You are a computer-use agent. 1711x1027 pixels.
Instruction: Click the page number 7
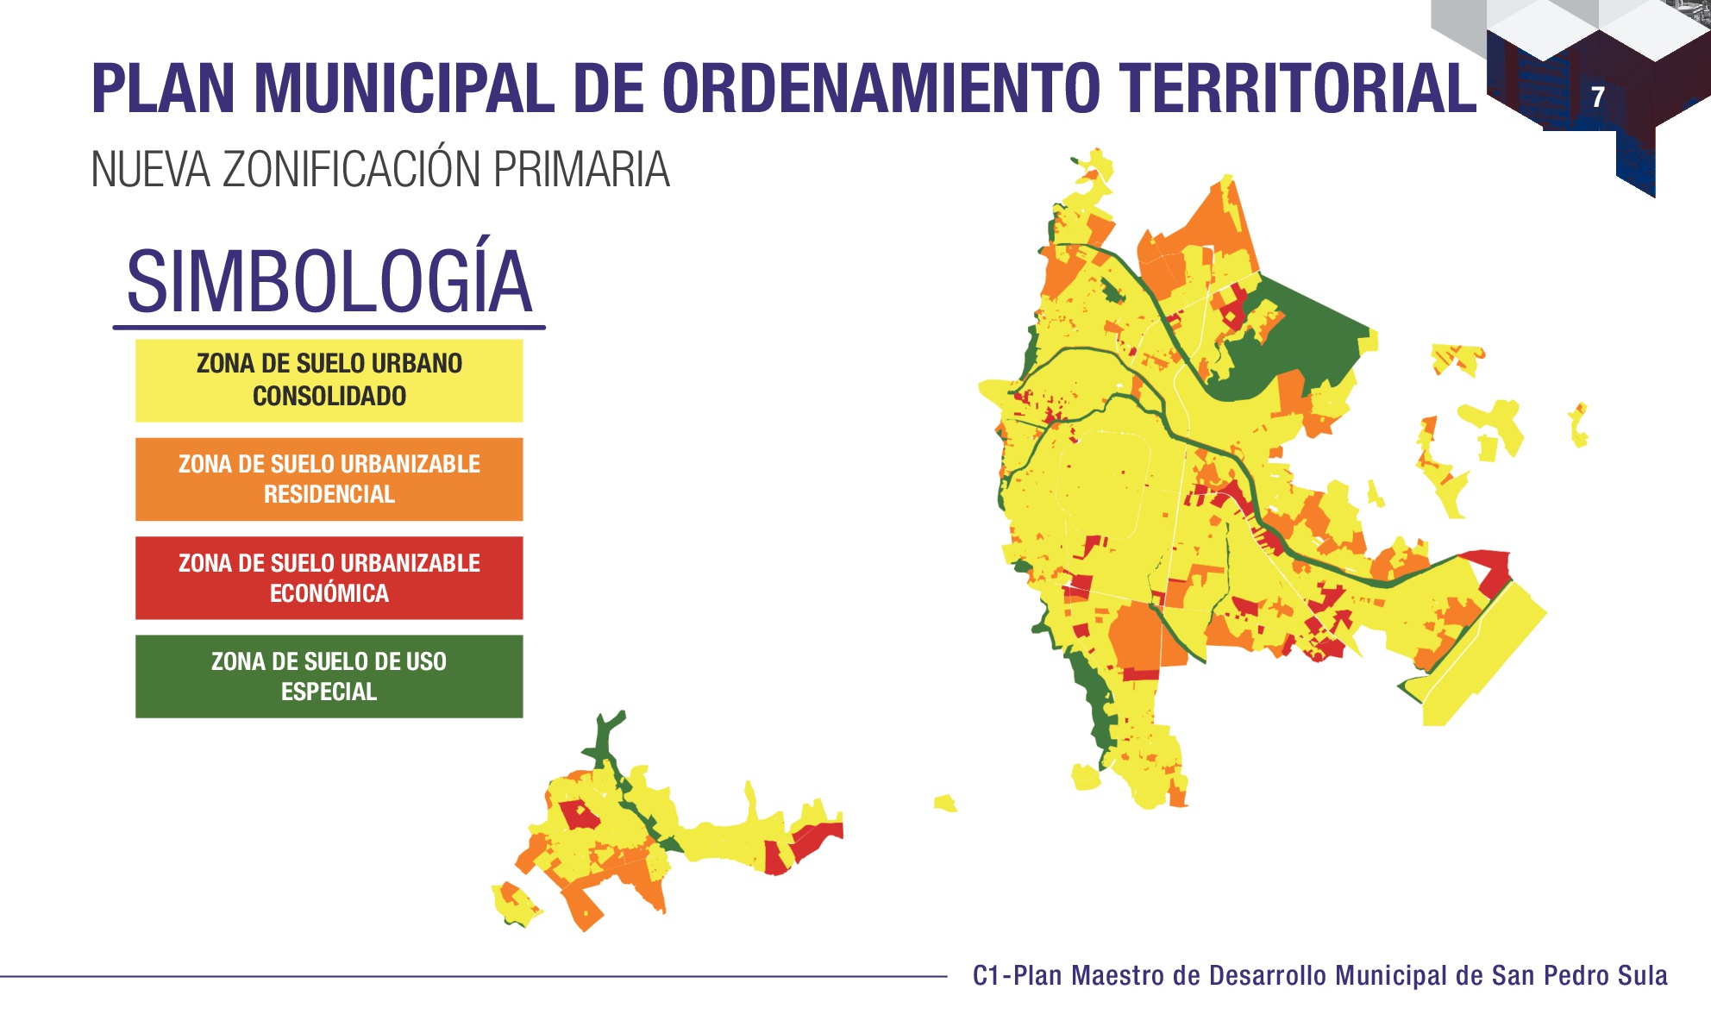[1598, 97]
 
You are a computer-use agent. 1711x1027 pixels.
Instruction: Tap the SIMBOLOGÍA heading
[329, 281]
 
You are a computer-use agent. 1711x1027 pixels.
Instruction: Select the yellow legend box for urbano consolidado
[329, 380]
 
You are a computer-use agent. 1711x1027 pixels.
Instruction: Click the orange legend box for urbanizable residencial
[329, 479]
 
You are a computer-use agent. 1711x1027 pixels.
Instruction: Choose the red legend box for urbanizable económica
[329, 578]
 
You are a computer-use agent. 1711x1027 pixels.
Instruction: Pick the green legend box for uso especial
[329, 676]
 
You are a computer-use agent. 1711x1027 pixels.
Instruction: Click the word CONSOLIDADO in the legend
[329, 397]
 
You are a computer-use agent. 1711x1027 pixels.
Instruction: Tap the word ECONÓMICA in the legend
[329, 593]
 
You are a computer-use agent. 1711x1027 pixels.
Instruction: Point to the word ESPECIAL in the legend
[329, 692]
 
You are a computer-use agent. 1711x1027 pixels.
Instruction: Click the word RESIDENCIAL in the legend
[329, 495]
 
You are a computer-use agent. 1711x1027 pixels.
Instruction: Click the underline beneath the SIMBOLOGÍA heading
[329, 328]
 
